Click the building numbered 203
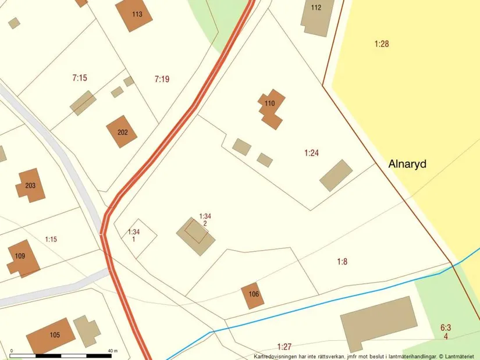(31, 186)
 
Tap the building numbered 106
(253, 295)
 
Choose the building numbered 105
(52, 335)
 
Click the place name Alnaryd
(407, 164)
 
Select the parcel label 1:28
(381, 43)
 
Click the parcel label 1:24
(311, 153)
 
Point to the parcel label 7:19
(162, 79)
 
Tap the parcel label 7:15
(80, 78)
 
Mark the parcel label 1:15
(51, 239)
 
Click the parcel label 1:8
(342, 262)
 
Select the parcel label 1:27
(284, 346)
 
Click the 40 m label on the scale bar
(113, 351)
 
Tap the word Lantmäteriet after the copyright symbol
(462, 356)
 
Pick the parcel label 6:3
(446, 328)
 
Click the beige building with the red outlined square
(194, 236)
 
